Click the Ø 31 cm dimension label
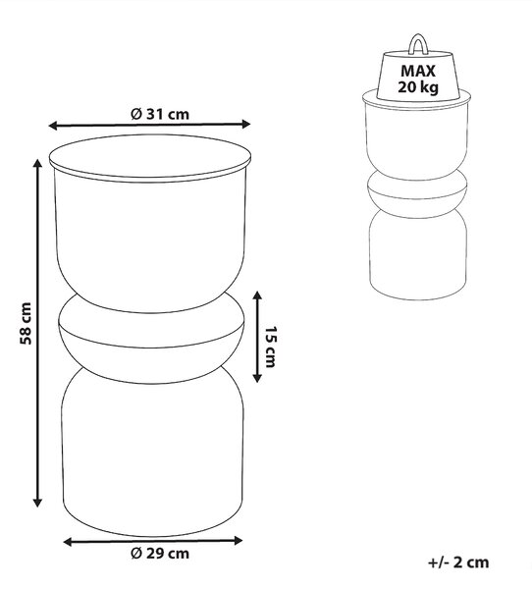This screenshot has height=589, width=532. pos(160,114)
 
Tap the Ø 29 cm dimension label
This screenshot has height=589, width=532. pos(160,554)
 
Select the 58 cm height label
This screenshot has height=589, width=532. pos(26,323)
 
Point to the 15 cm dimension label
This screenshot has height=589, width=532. pos(271,347)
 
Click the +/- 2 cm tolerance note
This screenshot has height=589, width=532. pos(458,562)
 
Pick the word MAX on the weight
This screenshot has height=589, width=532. pos(418,71)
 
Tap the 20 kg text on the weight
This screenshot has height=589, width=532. pos(418,86)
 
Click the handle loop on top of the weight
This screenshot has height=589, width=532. pos(416,43)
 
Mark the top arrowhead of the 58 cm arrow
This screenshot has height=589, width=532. pos(37,164)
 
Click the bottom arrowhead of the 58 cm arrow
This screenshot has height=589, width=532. pos(37,503)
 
